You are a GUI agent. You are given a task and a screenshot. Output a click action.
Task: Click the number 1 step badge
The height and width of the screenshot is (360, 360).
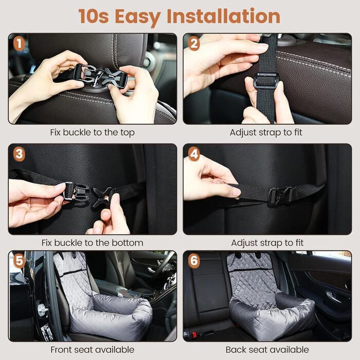pos(20,44)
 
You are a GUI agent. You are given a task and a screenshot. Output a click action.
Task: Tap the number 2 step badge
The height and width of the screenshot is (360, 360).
pos(194,44)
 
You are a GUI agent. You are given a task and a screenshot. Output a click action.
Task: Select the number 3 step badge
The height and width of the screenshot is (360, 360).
pos(20,154)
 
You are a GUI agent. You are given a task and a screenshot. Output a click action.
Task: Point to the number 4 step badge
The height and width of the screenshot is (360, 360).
pos(194,154)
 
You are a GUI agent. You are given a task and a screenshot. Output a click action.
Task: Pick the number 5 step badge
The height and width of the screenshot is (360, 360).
pos(20,261)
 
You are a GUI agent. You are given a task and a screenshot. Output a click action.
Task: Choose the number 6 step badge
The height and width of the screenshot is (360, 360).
pos(194,261)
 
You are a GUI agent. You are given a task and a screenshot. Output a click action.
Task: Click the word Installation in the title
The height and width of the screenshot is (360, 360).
pos(223,16)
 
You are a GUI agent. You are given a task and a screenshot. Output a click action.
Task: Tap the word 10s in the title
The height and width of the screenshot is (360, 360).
pos(94,16)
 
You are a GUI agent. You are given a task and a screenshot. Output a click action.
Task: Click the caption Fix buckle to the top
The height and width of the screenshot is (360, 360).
pos(92,133)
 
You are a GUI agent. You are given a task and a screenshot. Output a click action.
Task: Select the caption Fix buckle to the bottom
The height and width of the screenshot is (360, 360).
pos(92,243)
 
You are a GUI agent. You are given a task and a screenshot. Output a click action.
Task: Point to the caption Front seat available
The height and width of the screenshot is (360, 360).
pos(92,350)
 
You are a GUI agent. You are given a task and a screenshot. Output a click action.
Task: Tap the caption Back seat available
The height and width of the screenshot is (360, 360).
pos(267,350)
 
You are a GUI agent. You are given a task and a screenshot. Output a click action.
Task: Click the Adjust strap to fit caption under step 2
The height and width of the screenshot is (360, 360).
pos(266,133)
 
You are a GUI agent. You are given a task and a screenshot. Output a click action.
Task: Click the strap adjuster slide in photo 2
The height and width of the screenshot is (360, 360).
pos(266,81)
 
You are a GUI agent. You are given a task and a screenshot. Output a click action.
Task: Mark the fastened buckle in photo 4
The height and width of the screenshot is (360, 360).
pos(281,195)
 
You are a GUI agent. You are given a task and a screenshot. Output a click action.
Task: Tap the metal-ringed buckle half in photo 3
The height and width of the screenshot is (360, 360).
pos(76,192)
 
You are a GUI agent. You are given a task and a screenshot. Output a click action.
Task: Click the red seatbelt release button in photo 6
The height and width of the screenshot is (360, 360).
pos(195,334)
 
